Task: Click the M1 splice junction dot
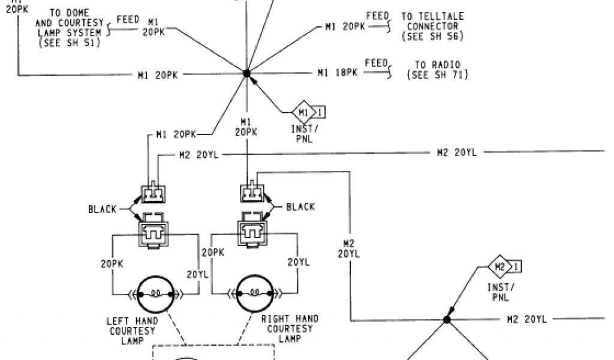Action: (x=246, y=73)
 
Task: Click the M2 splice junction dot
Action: (x=447, y=320)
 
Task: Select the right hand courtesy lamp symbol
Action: (x=254, y=293)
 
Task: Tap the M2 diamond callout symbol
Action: (x=499, y=266)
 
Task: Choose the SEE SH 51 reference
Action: (x=69, y=43)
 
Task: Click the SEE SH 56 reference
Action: (x=432, y=36)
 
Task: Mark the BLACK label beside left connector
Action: (x=103, y=209)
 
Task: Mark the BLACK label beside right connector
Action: (x=300, y=207)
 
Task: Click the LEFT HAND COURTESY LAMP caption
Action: (x=131, y=330)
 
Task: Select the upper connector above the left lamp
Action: (x=153, y=193)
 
